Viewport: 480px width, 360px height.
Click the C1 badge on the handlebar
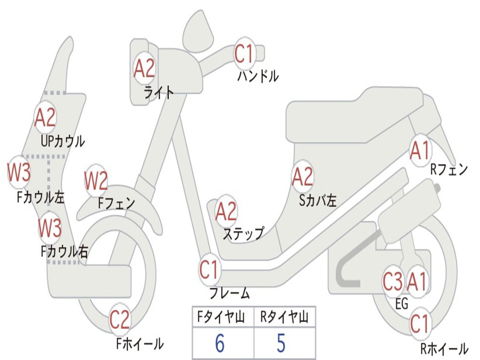[244, 52]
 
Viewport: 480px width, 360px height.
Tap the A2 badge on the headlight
[144, 68]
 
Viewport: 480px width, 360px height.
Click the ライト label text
[158, 92]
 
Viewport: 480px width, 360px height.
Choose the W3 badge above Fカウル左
[19, 172]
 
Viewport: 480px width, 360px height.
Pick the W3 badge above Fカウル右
[50, 228]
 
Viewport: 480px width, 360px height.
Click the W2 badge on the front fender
[96, 180]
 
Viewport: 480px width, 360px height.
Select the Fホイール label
[140, 344]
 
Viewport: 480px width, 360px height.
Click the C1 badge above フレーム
[209, 270]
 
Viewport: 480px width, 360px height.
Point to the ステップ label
[243, 233]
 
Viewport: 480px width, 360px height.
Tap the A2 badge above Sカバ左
[302, 177]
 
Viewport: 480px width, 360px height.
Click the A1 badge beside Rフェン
[420, 150]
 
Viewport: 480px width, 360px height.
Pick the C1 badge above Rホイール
[420, 323]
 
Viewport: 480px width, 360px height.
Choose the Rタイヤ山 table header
[284, 318]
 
